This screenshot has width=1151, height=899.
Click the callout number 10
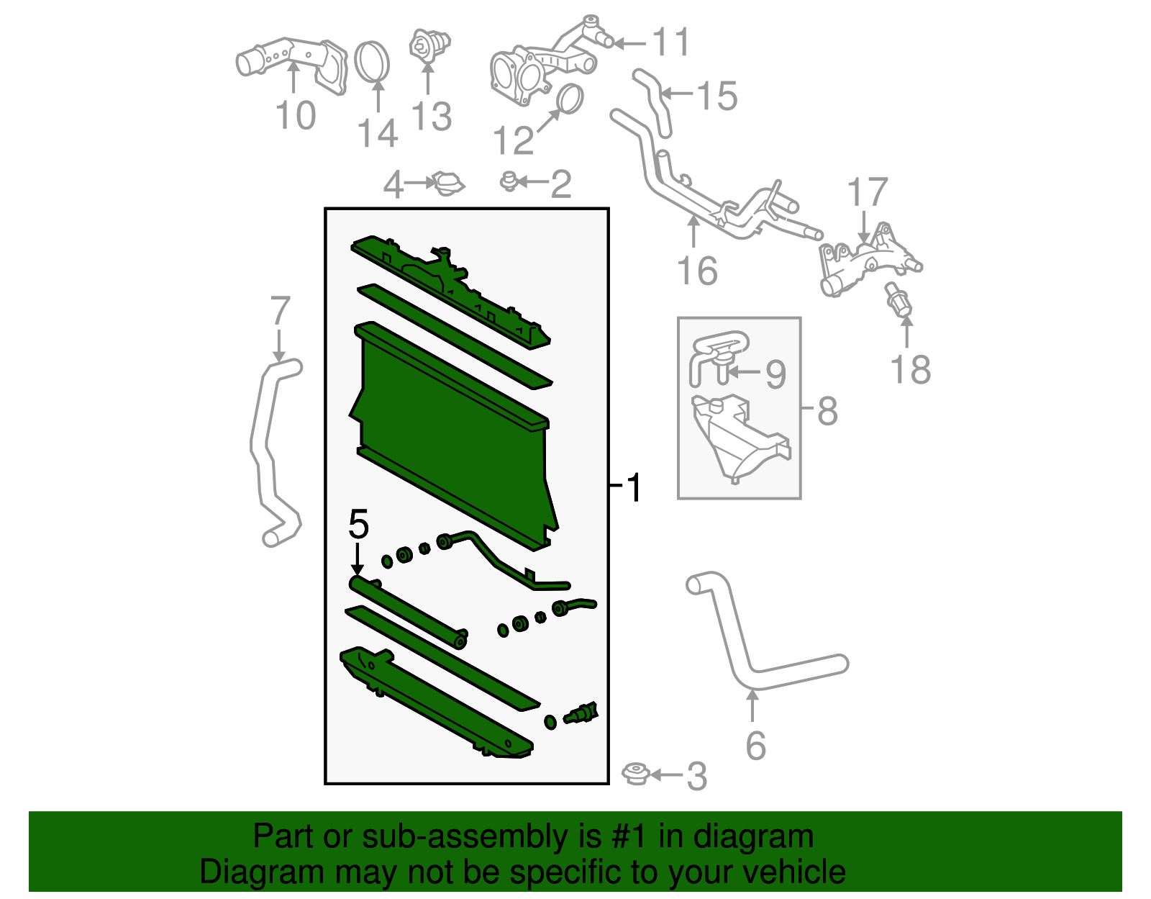click(296, 116)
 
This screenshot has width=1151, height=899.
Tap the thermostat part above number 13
click(429, 45)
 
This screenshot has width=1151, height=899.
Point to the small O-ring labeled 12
click(570, 99)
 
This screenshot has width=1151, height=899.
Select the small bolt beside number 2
click(509, 181)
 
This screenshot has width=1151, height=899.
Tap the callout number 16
click(697, 271)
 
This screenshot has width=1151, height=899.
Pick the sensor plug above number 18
click(899, 301)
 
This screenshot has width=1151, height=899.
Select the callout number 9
click(775, 374)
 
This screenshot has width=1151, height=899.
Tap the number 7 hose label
click(280, 312)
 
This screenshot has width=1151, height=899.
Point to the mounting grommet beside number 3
click(636, 774)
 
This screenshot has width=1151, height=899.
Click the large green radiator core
click(453, 439)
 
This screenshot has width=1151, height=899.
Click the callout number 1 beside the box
click(633, 488)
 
